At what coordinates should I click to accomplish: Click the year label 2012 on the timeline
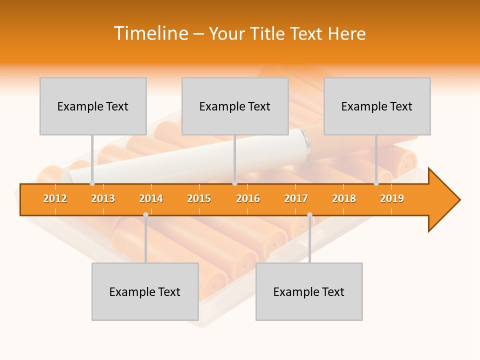pos(55,198)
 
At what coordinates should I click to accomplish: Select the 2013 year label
pos(103,198)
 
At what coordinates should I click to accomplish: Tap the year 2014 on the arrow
pos(151,198)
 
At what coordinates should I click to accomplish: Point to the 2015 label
pos(199,198)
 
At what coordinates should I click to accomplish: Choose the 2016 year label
pos(248,198)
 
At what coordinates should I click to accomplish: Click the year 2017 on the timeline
pos(296,198)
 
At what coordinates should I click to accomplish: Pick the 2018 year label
pos(344,198)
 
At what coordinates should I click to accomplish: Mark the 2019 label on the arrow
pos(392,198)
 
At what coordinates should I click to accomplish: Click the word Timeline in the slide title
pos(150,33)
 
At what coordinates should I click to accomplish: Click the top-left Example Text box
pos(93,106)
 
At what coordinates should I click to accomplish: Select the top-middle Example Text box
pos(235,106)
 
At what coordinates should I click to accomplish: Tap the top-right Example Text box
pos(377,106)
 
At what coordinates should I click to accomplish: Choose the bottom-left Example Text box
pos(145,291)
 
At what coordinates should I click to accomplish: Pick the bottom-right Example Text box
pos(309,291)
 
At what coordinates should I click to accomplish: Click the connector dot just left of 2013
pos(92,183)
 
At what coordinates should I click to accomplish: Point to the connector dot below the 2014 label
pos(145,215)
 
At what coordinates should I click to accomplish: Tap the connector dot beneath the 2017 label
pos(309,215)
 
